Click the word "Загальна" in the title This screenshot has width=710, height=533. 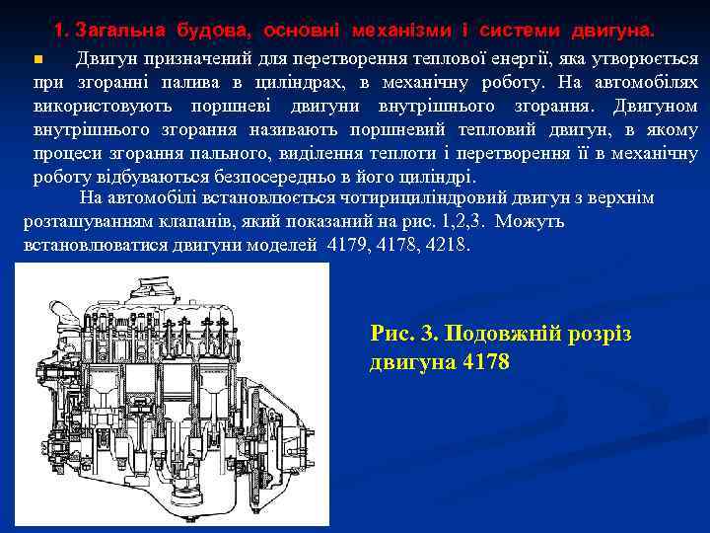point(118,31)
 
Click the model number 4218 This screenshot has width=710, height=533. point(448,245)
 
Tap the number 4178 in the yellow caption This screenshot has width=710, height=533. point(486,363)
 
